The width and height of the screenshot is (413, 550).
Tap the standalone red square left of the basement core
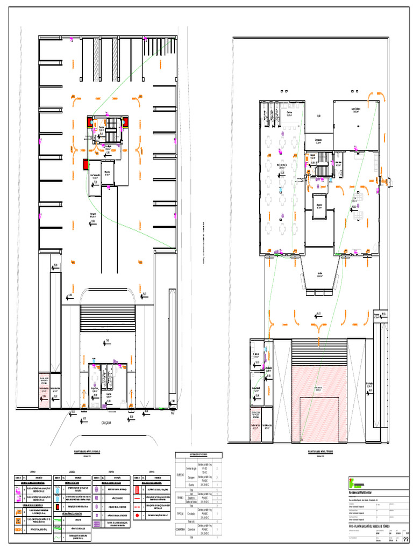[85, 164]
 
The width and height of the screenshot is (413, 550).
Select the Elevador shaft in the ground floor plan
[319, 204]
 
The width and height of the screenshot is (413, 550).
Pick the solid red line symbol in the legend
[139, 497]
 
